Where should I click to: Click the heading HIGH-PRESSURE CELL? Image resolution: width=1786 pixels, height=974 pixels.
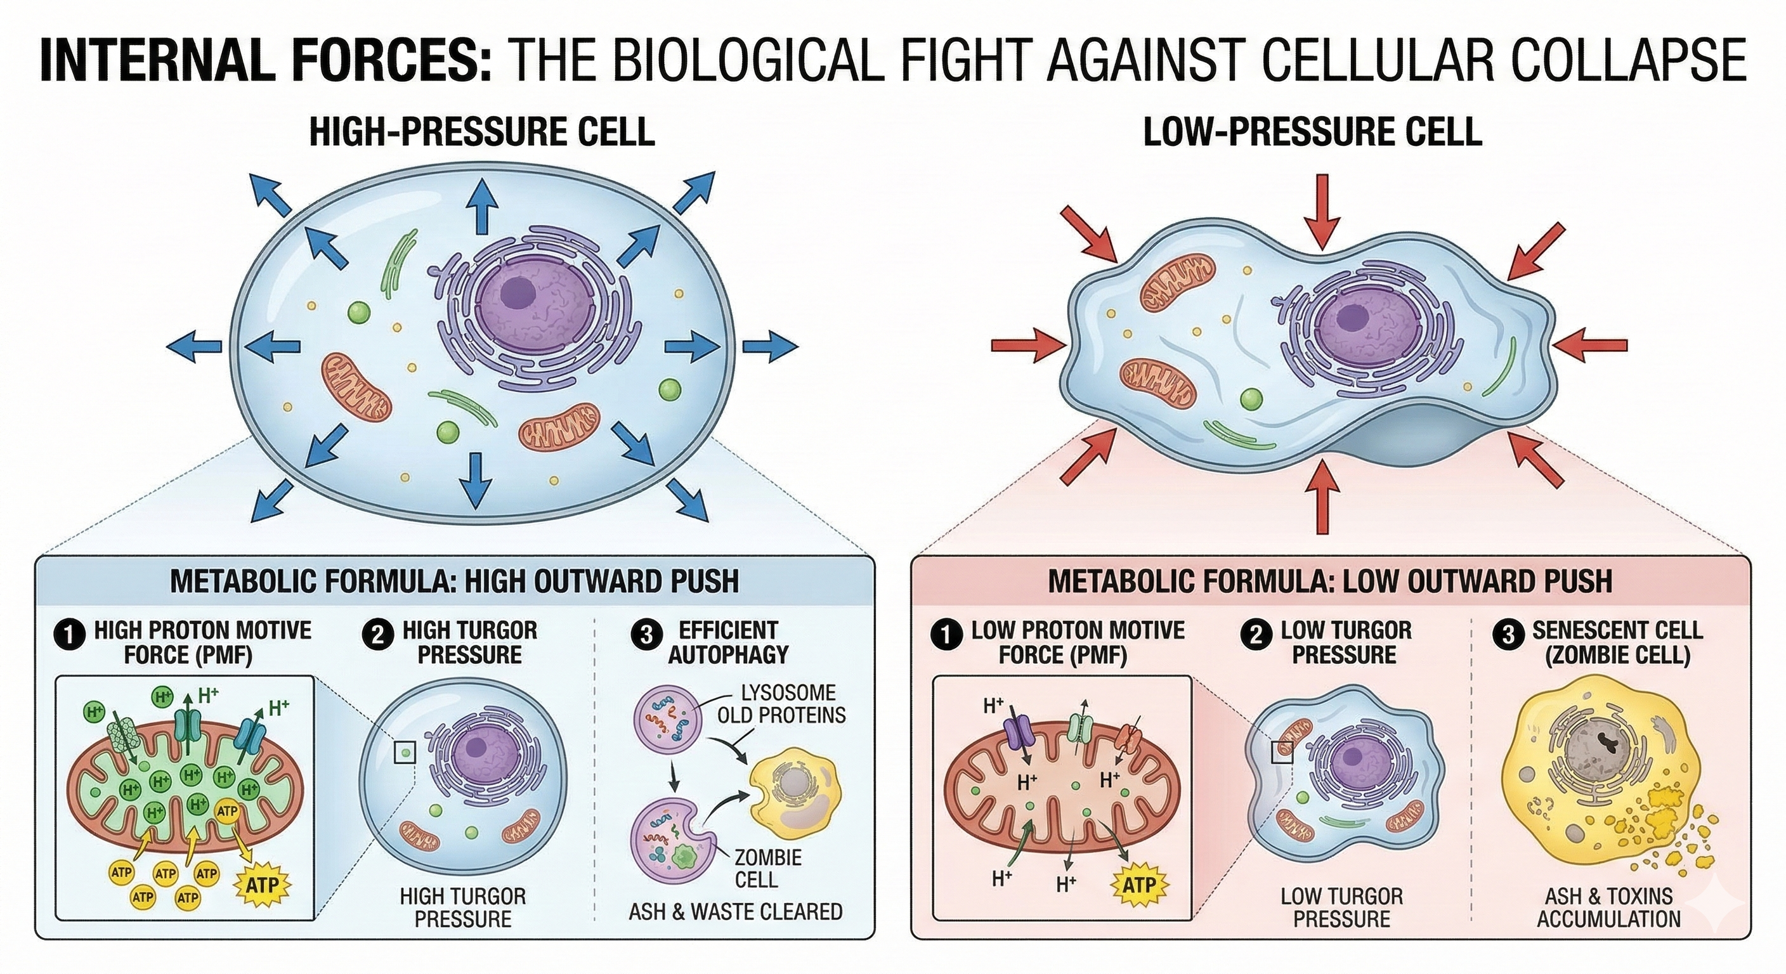[x=482, y=133]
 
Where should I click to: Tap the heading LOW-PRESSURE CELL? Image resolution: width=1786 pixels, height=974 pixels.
[x=1312, y=133]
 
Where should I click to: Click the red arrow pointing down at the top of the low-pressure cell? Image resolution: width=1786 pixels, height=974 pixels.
[x=1320, y=211]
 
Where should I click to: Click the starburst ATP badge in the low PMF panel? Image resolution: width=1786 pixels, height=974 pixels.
[x=1139, y=885]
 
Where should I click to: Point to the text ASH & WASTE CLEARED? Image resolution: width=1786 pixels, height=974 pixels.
[x=735, y=912]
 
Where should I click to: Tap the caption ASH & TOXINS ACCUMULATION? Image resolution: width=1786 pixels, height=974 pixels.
[x=1608, y=907]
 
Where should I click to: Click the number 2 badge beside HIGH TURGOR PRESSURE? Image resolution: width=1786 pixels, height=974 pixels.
[x=377, y=635]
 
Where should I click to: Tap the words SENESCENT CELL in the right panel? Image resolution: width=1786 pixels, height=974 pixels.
[x=1617, y=630]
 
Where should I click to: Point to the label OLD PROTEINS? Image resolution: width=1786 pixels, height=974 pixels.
[x=781, y=715]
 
